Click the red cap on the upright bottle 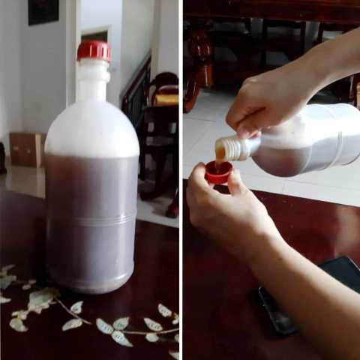click(x=93, y=50)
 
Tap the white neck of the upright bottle click(x=93, y=81)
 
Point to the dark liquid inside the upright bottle click(x=91, y=187)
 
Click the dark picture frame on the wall click(x=43, y=11)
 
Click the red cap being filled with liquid click(x=218, y=174)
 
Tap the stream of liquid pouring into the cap click(x=220, y=159)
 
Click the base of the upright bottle click(x=91, y=281)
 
